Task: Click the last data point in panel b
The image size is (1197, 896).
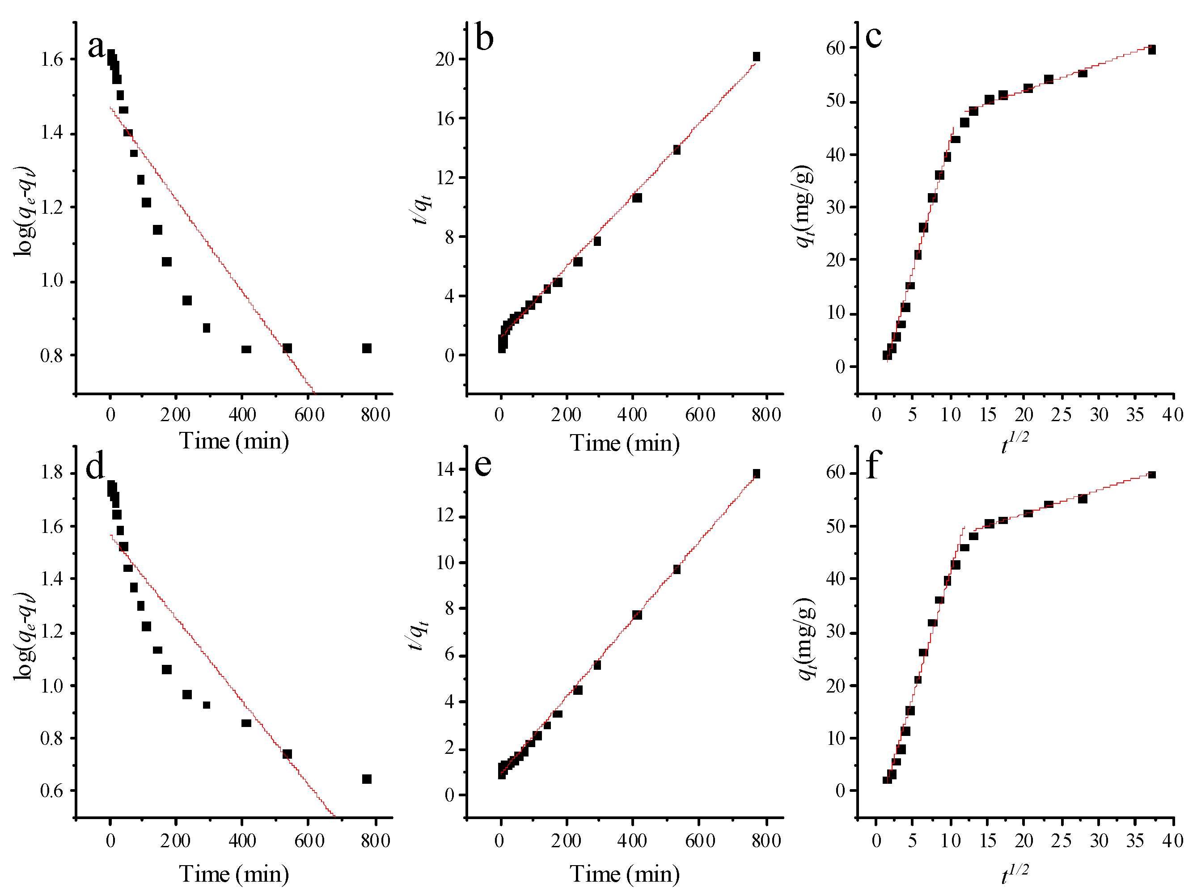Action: point(756,57)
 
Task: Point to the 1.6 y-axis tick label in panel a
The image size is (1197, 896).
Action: point(52,59)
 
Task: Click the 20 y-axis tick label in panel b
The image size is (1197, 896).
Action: point(445,59)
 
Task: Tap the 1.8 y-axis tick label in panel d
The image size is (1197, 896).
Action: point(52,473)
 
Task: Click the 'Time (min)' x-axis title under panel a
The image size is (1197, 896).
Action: point(234,441)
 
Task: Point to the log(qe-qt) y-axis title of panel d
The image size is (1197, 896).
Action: point(24,636)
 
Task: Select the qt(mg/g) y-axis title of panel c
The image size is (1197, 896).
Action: point(805,206)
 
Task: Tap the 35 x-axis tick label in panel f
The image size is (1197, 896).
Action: point(1135,841)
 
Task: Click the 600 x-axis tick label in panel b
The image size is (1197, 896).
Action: point(700,415)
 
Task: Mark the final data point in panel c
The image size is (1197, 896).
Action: point(1151,50)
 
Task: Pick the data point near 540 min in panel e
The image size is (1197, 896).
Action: point(677,569)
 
